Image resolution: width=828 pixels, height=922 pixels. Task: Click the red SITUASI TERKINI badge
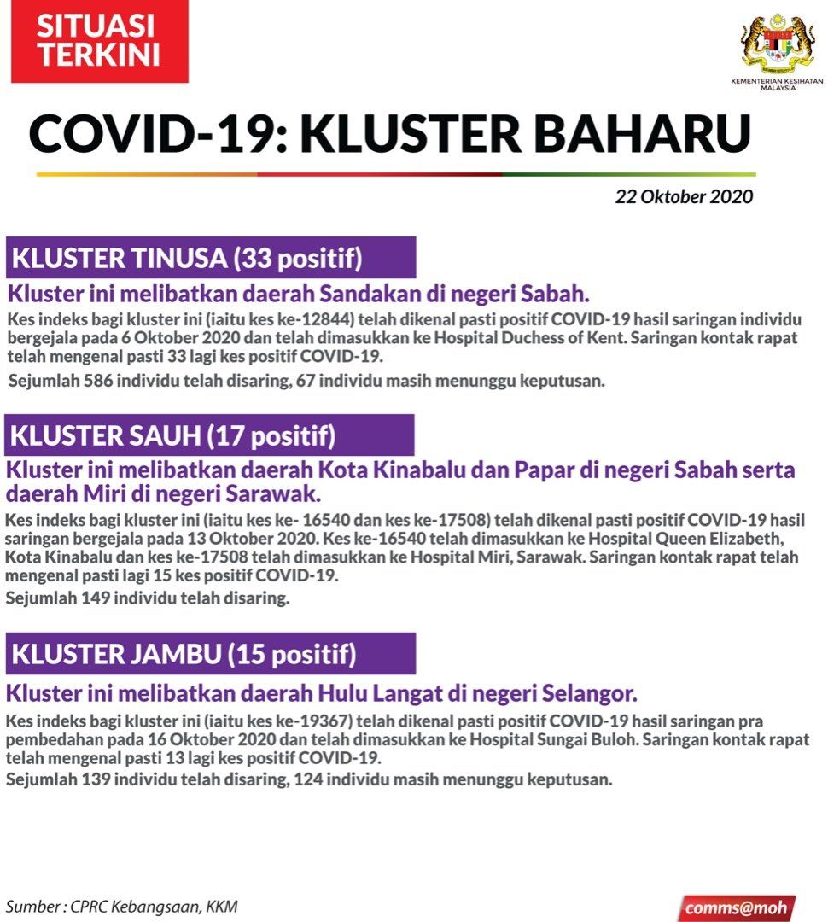point(99,42)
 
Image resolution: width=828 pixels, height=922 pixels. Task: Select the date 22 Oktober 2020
point(684,196)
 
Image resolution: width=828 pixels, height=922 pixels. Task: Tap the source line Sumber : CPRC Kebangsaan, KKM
point(122,906)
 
